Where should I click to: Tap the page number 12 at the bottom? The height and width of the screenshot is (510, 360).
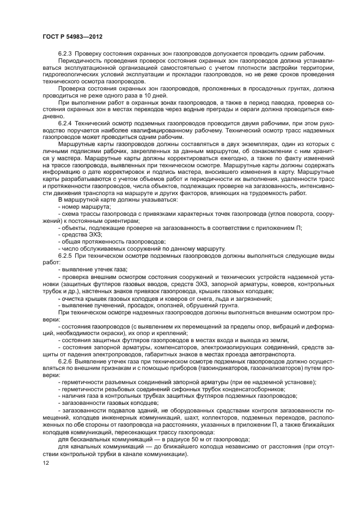pyautogui.click(x=46, y=462)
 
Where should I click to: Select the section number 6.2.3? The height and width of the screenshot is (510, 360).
pyautogui.click(x=65, y=53)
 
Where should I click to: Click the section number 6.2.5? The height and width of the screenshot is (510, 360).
pyautogui.click(x=65, y=254)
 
